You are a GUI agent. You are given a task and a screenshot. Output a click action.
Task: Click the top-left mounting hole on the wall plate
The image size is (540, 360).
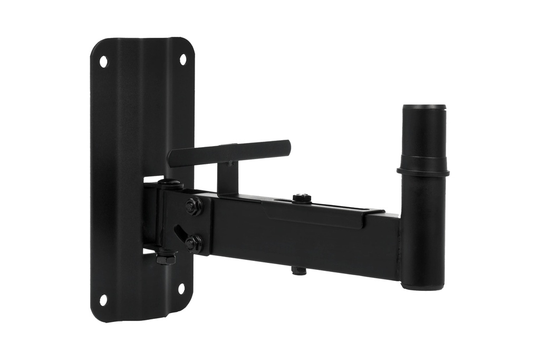coord(103,61)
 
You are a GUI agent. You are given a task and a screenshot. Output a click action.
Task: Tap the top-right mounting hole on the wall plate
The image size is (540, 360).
coord(183,60)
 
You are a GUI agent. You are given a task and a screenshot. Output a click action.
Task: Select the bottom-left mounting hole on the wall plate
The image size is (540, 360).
coord(103,300)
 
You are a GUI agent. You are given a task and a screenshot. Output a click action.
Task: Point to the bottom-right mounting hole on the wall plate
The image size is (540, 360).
coord(181,288)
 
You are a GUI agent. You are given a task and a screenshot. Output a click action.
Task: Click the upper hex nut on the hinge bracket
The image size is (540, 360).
coord(194,207)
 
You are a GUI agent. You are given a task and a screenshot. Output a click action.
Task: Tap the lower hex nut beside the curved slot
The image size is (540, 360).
coord(194,243)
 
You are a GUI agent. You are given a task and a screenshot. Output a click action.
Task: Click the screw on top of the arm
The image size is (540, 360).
coord(302,198)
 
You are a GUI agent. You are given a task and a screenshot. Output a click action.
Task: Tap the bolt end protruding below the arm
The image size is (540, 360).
coord(299,271)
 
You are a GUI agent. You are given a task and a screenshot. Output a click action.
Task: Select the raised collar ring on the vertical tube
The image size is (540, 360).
coord(423,171)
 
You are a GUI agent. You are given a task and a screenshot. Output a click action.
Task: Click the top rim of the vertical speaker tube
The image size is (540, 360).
coord(424,108)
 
